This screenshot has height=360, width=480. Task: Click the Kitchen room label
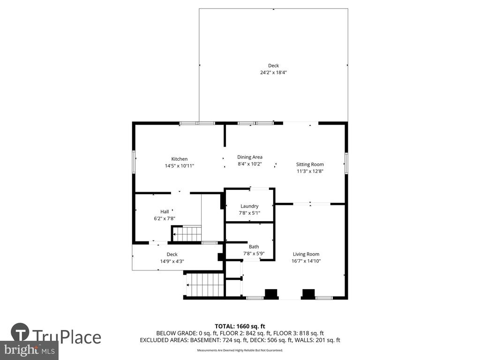click(180, 159)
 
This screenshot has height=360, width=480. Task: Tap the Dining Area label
click(250, 157)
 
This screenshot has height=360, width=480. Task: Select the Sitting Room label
click(310, 165)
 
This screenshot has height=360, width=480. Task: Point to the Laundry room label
click(249, 206)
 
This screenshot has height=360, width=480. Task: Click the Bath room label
click(254, 247)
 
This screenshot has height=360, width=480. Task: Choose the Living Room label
click(306, 254)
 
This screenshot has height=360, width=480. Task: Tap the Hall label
click(165, 211)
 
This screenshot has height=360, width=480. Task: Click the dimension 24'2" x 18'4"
click(273, 73)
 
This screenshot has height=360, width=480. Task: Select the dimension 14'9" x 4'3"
click(172, 261)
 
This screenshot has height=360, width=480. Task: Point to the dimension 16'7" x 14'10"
click(306, 261)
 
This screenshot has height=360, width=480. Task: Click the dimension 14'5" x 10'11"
click(180, 166)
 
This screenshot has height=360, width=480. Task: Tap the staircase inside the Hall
click(186, 234)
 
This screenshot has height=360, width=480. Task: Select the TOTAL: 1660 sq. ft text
click(240, 326)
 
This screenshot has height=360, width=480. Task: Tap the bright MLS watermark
click(30, 350)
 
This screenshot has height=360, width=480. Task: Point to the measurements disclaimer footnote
click(240, 350)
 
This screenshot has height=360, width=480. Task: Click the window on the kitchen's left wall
click(134, 162)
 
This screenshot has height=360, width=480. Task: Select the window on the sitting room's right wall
click(346, 163)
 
